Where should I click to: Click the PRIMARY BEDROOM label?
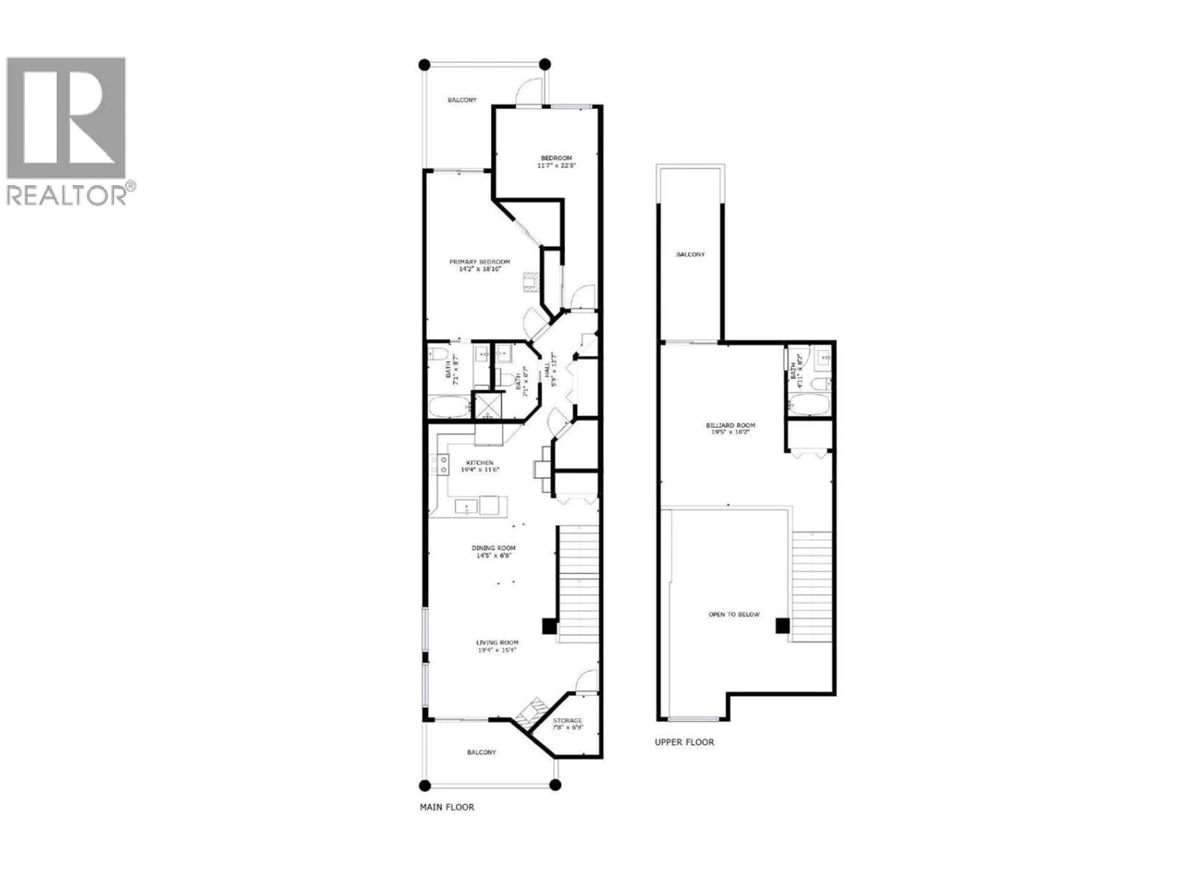(479, 262)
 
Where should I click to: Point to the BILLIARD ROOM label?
(727, 425)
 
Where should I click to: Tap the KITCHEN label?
(479, 462)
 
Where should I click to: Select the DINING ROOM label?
(493, 548)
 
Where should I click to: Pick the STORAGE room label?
(567, 720)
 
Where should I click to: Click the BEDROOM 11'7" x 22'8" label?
(556, 161)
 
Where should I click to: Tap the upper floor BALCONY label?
(690, 254)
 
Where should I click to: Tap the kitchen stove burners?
(439, 465)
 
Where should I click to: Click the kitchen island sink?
(466, 506)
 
